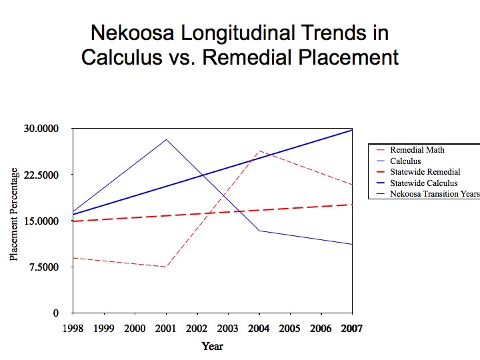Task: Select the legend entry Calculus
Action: [405, 161]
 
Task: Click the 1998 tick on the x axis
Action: [73, 328]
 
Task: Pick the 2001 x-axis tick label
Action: [166, 328]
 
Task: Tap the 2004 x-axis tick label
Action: [259, 328]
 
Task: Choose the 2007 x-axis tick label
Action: [352, 328]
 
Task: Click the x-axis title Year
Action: [213, 346]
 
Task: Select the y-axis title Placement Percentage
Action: [13, 221]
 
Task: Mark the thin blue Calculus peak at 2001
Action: [166, 139]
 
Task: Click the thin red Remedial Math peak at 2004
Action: [259, 151]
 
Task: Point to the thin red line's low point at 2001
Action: [166, 267]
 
